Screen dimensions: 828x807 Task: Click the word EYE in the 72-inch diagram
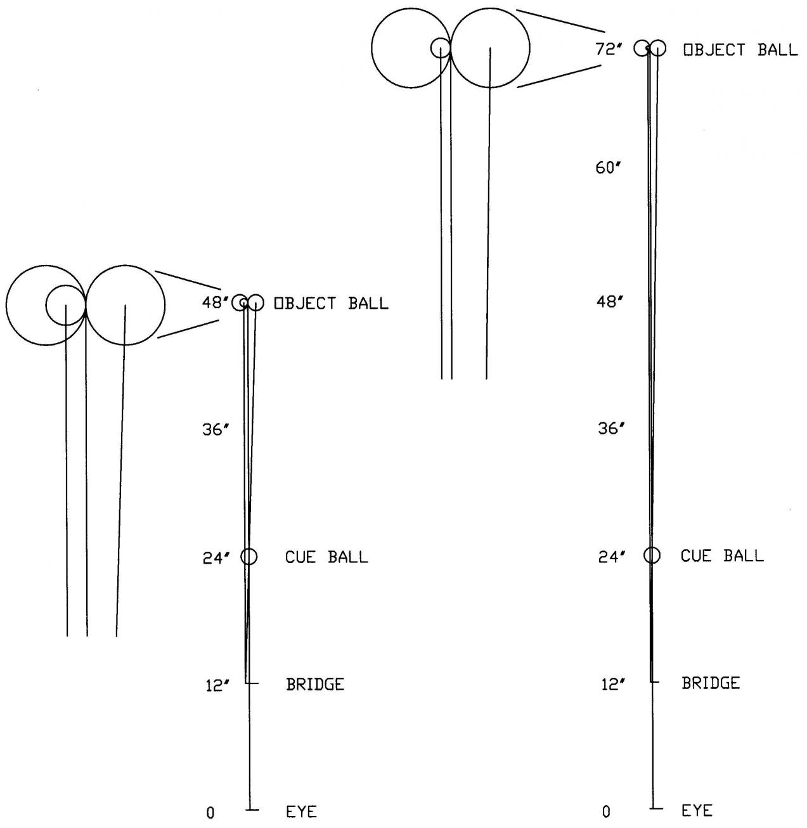click(697, 810)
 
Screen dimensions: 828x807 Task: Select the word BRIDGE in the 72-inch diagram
click(710, 683)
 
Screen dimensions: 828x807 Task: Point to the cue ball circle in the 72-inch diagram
click(652, 555)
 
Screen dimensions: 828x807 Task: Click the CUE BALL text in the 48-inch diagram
click(326, 557)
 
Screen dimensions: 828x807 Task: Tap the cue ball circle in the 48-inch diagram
click(249, 557)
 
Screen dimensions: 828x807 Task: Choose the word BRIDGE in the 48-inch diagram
click(315, 685)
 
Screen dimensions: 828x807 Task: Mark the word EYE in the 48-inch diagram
click(301, 812)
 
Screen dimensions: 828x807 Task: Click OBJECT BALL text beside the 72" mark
click(740, 50)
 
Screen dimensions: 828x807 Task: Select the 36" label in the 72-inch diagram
click(612, 429)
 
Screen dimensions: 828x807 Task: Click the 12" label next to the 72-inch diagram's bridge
click(613, 685)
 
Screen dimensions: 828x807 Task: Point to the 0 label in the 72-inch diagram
click(607, 812)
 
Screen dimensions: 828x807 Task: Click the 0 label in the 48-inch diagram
click(210, 813)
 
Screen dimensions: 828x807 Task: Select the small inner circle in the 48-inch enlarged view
click(65, 306)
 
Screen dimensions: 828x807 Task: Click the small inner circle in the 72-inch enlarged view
click(441, 48)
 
